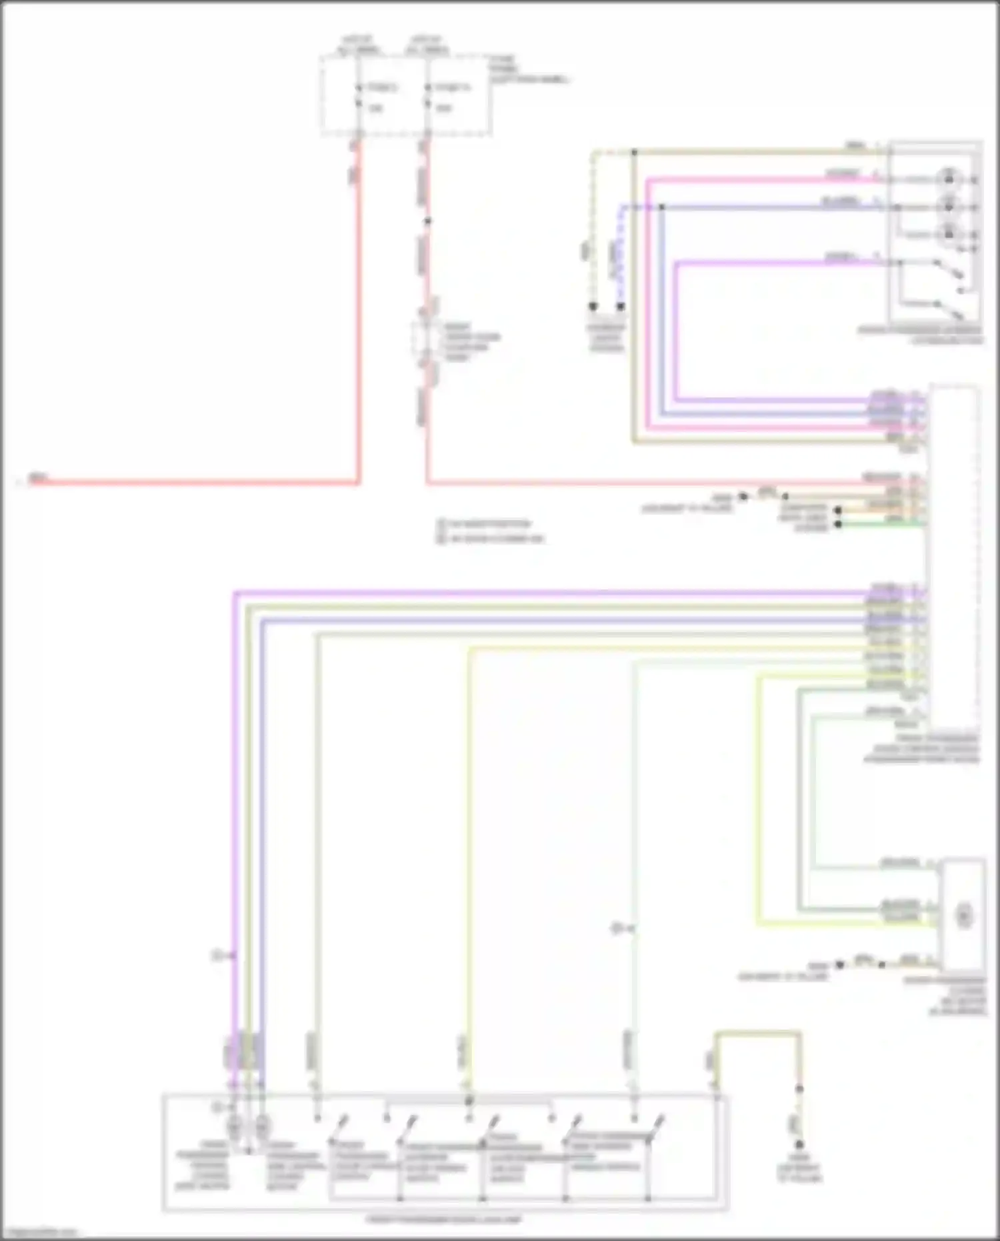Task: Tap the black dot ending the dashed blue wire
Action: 621,307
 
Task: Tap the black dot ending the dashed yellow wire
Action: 593,307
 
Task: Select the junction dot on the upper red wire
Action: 428,221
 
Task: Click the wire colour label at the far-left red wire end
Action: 38,478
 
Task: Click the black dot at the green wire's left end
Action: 838,524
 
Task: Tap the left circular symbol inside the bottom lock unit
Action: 235,1127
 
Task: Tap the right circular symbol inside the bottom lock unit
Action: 262,1127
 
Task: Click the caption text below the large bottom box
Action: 444,1220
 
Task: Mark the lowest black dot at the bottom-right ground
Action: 799,1144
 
